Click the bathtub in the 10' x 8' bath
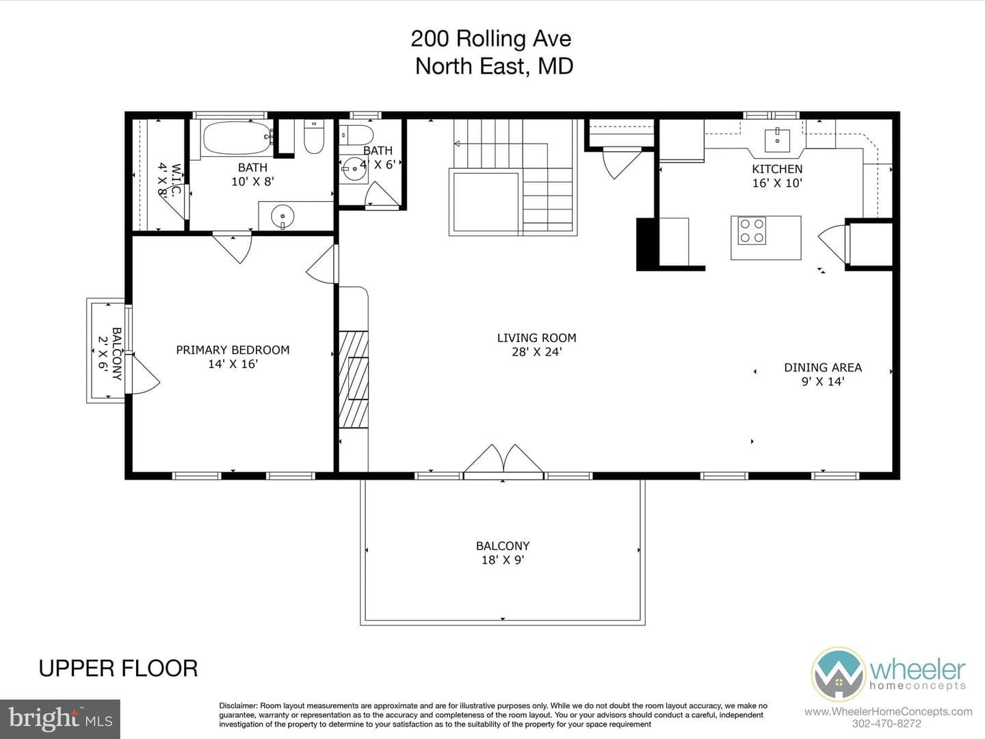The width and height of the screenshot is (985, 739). coord(237,138)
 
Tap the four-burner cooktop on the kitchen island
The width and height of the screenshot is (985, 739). coord(752,231)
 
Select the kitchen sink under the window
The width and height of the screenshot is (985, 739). coord(777,140)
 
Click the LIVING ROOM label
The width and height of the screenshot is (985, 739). coord(536,338)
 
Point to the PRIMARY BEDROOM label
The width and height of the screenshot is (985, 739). coord(233,350)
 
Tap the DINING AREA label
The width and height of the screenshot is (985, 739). coord(823,367)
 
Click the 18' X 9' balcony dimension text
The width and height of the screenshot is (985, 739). coord(503,560)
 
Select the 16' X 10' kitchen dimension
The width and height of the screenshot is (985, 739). coord(777,183)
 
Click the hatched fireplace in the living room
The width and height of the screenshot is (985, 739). coord(354,379)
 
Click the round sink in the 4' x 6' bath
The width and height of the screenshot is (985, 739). coord(354,169)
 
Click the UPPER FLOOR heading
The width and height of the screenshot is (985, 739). coord(118,669)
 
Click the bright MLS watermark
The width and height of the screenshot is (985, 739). coord(60,718)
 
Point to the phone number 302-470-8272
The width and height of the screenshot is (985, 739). coord(886,723)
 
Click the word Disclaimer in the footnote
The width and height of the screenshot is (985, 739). coord(238,705)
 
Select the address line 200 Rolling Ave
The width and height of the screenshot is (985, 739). coord(491,38)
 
